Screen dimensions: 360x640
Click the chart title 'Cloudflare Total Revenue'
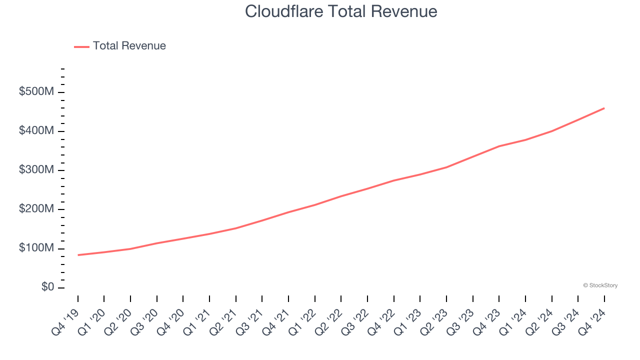point(341,11)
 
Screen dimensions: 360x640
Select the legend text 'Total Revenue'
point(129,46)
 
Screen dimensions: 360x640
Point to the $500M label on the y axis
point(36,92)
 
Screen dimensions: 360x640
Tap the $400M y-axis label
point(36,131)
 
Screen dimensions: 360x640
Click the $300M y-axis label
point(36,170)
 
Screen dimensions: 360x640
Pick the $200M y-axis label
point(36,209)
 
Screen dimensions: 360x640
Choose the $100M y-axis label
point(36,248)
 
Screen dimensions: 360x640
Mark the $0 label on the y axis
point(47,287)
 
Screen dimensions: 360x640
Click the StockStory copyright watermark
point(600,285)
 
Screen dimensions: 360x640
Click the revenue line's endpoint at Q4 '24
point(604,108)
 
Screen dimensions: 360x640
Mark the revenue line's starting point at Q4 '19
point(78,255)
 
